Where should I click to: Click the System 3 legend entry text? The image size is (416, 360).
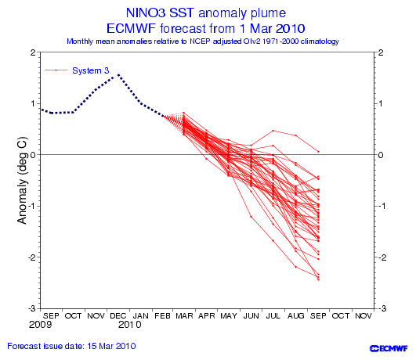(x=90, y=70)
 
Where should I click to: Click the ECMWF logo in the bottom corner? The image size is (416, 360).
(x=389, y=348)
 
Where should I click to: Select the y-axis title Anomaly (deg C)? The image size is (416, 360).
(x=22, y=180)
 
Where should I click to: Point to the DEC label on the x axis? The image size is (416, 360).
(x=118, y=316)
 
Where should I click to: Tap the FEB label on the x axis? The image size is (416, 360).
(x=162, y=316)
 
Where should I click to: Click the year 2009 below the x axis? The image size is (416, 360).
(x=40, y=325)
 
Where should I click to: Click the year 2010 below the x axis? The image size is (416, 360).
(x=129, y=325)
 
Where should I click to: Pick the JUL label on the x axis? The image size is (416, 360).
(x=273, y=316)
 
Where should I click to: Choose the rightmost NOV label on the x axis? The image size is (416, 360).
(x=364, y=316)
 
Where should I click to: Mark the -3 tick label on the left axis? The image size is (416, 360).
(x=32, y=308)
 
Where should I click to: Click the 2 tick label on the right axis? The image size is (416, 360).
(x=381, y=52)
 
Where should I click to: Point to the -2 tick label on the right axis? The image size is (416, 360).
(x=382, y=257)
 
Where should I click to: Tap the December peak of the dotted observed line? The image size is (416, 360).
(x=118, y=74)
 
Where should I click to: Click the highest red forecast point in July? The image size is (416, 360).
(x=273, y=131)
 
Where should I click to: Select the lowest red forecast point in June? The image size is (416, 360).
(x=251, y=217)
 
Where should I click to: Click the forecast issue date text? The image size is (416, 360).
(x=71, y=346)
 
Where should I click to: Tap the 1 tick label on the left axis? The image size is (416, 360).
(x=33, y=103)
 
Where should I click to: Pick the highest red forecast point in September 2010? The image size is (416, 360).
(x=318, y=152)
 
